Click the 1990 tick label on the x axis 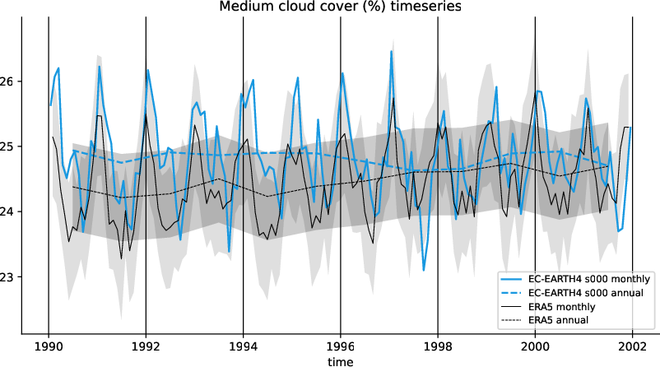coord(49,346)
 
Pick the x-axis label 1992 coord(146,346)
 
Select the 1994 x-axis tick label coord(243,346)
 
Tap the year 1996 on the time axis coord(341,346)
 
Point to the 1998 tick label coord(438,346)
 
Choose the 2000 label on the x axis coord(535,346)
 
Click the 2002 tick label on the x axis coord(632,346)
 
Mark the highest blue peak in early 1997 coord(392,52)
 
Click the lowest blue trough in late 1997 coord(424,270)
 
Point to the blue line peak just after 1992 coord(148,71)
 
